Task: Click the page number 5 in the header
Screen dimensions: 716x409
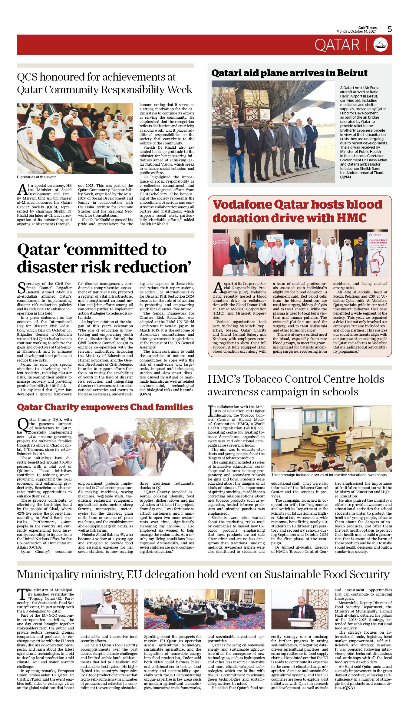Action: tap(390, 29)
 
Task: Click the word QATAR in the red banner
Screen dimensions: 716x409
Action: tap(337, 45)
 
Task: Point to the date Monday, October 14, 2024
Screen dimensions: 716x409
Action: tap(356, 31)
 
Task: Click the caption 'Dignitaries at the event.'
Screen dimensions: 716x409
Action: tap(37, 177)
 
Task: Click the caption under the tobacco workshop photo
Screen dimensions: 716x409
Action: tap(329, 475)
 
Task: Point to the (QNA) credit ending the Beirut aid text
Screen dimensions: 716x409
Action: tap(345, 177)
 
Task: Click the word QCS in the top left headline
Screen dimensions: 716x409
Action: tap(27, 77)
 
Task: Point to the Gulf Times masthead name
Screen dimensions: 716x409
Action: tap(367, 28)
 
